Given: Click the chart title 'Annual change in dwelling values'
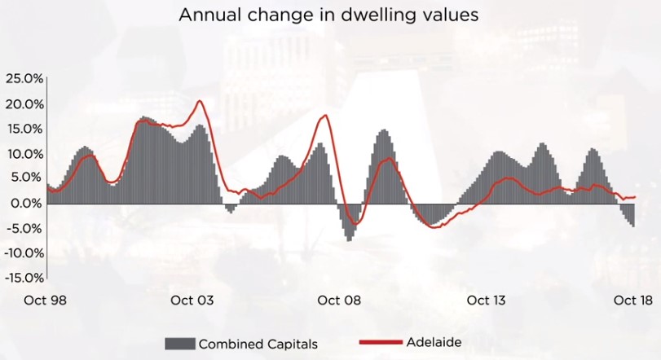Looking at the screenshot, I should [x=329, y=15].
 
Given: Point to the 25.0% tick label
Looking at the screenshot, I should [x=24, y=79].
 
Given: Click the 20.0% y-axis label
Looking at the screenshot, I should [x=24, y=104].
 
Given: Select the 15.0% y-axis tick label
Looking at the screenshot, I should [x=24, y=129].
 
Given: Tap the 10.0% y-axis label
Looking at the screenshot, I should [x=24, y=154].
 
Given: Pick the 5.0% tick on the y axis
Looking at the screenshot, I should [x=26, y=178].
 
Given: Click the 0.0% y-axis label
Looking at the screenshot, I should [x=26, y=203].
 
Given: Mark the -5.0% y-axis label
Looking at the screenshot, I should [x=24, y=228].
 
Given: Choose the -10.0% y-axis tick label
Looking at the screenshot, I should [x=23, y=252].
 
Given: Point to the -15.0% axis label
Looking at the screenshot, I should [x=23, y=278].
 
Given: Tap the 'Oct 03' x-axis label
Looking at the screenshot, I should [x=192, y=301].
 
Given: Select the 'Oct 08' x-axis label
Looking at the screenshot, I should [x=340, y=301].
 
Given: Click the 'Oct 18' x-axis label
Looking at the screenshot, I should [x=632, y=301].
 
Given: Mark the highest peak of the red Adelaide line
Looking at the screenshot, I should [x=200, y=101].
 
